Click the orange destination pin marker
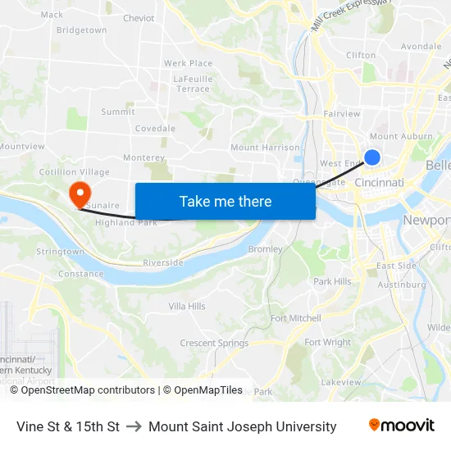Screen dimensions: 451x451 80,194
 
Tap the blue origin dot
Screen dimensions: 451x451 372,157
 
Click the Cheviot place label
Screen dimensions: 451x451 139,18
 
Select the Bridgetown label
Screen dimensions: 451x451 81,30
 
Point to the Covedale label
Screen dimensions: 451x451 155,129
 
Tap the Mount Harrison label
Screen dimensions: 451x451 265,148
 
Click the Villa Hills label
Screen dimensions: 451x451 187,306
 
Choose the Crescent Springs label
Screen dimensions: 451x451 214,343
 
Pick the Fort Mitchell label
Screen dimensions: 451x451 296,318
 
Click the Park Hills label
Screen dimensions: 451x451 332,281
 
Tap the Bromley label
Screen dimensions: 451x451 265,249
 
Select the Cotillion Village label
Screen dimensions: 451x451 75,172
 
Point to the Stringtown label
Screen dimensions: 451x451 61,252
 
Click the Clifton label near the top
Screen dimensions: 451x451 361,56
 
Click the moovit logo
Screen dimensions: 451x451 401,426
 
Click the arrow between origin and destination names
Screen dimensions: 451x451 134,426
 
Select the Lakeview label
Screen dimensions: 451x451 341,382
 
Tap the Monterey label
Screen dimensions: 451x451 143,157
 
